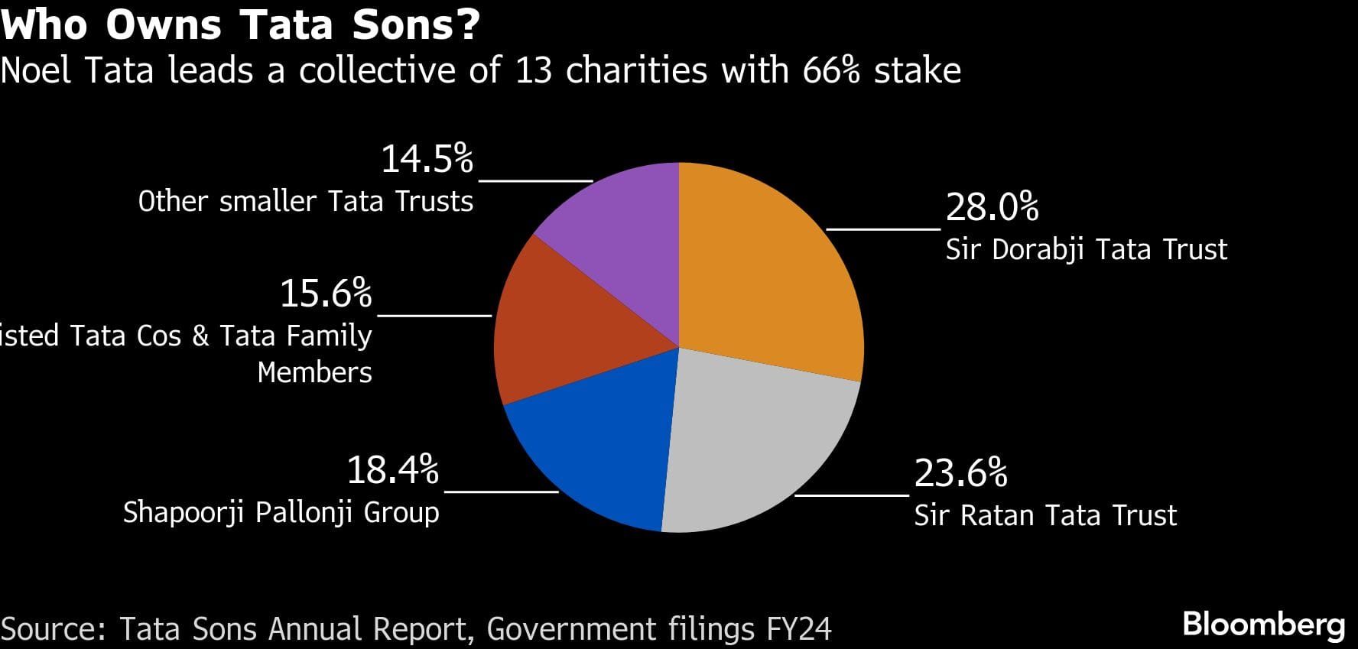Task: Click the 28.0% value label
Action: pos(992,207)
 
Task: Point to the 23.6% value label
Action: pos(960,473)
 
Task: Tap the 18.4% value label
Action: pos(392,470)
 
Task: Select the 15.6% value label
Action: pos(326,294)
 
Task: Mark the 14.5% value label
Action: pos(427,159)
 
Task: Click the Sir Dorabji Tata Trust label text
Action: pos(1086,250)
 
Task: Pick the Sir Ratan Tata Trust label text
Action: pos(1045,516)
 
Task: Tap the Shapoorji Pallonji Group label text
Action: pos(281,512)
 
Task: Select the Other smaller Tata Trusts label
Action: pos(305,202)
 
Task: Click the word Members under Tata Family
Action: pos(314,372)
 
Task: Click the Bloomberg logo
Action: pos(1263,625)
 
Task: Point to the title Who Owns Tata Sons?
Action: pos(240,24)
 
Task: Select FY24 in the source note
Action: pos(798,629)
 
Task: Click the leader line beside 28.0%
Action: pos(883,228)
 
